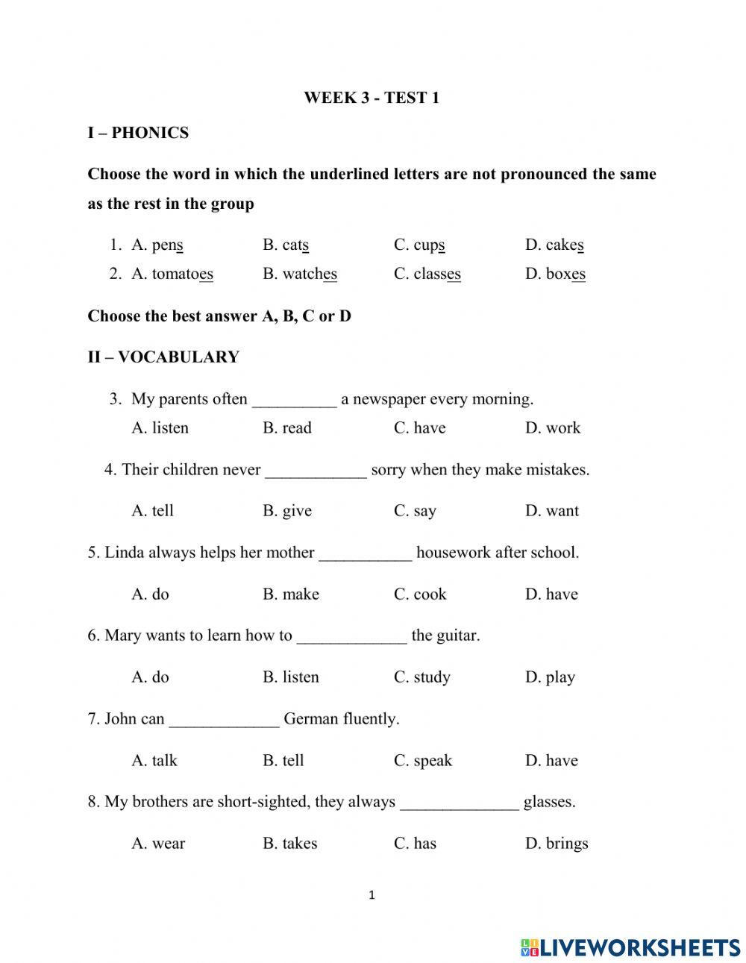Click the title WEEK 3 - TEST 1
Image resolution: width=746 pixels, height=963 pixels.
[x=372, y=98]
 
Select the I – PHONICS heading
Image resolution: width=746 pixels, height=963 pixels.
[x=138, y=133]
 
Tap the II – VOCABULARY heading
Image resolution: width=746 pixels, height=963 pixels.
[x=163, y=357]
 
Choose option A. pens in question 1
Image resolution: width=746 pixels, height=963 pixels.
[x=157, y=245]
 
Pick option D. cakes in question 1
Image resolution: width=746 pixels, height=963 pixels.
[x=554, y=245]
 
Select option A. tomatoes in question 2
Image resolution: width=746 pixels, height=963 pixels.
[x=172, y=274]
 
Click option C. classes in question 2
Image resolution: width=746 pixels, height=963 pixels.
[x=427, y=274]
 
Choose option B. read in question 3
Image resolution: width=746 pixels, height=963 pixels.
[x=287, y=428]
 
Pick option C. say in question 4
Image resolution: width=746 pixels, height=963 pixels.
[x=415, y=511]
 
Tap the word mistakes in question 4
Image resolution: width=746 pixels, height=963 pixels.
[x=557, y=470]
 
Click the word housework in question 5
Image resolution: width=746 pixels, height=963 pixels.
[x=453, y=553]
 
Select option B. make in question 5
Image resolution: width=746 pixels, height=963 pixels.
[x=291, y=595]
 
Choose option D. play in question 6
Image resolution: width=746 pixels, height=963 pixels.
[x=550, y=677]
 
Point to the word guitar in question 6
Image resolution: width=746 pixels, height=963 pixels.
[x=457, y=636]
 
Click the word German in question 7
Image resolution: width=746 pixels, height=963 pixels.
[x=310, y=719]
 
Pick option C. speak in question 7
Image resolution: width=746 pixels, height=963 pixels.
[x=423, y=761]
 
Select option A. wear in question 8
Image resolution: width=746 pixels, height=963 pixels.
[x=158, y=844]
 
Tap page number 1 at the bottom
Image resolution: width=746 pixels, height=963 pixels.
[x=372, y=895]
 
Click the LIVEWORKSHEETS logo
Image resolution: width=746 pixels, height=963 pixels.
[x=630, y=947]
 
